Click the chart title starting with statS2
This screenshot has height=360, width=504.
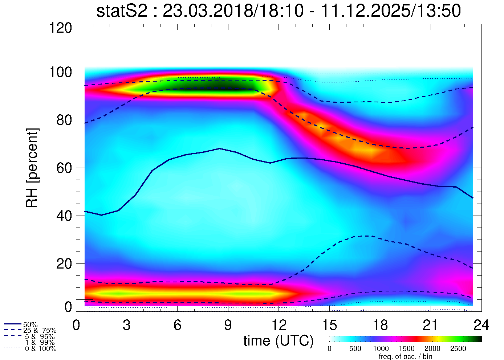[279, 11]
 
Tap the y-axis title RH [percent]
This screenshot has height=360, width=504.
[32, 168]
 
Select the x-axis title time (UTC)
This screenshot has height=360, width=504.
[279, 341]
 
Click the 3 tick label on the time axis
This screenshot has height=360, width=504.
[127, 325]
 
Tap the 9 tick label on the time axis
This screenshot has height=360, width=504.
[228, 325]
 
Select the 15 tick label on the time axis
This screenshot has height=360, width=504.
[329, 325]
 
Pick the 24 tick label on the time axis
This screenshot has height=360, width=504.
[481, 325]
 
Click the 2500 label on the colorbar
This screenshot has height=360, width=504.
[458, 349]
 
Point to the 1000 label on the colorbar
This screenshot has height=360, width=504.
[381, 349]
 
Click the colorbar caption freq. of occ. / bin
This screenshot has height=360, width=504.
[405, 356]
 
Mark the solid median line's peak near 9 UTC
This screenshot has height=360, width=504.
[220, 148]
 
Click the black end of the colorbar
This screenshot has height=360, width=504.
[479, 339]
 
